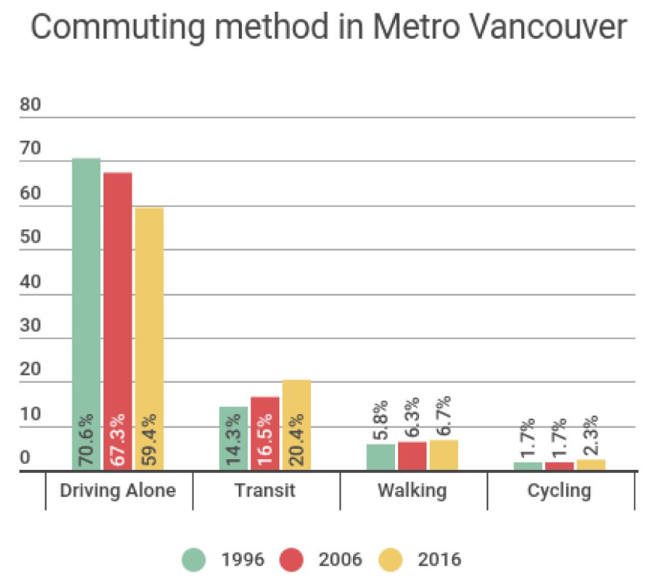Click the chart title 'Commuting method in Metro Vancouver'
click(327, 28)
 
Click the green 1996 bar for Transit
click(233, 438)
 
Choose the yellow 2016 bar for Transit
click(296, 425)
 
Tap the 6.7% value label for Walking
click(443, 418)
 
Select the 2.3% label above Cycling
click(590, 438)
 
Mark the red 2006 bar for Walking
click(412, 456)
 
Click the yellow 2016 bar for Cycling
click(590, 464)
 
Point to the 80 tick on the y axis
click(30, 106)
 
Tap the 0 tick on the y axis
click(25, 458)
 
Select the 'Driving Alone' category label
click(118, 491)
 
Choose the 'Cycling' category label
click(559, 491)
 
